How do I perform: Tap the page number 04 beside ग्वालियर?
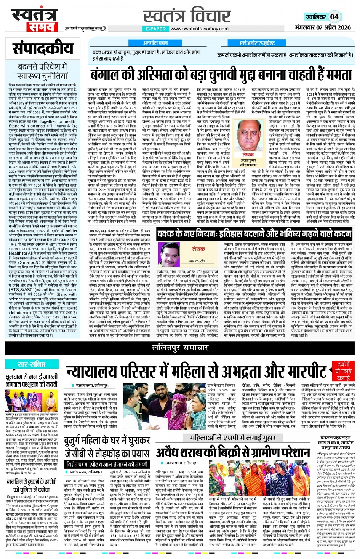pos(334,17)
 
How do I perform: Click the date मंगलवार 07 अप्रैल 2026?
pos(323,27)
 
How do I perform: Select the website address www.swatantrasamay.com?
pos(199,29)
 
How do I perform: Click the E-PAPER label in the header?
pos(156,29)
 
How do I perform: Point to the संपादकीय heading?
pos(43,48)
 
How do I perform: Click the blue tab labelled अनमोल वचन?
pos(155,43)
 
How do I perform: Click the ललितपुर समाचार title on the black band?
pos(180,347)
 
